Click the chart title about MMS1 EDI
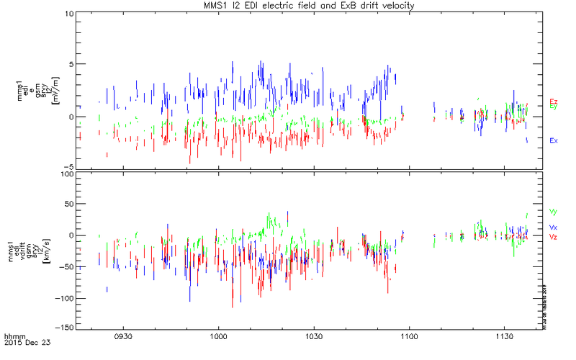pos(311,6)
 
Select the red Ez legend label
pos(553,101)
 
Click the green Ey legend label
pos(553,107)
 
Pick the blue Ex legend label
pos(553,140)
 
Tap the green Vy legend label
pos(553,212)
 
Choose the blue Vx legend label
pos(553,228)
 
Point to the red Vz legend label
pos(553,236)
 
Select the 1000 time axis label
pos(218,336)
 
